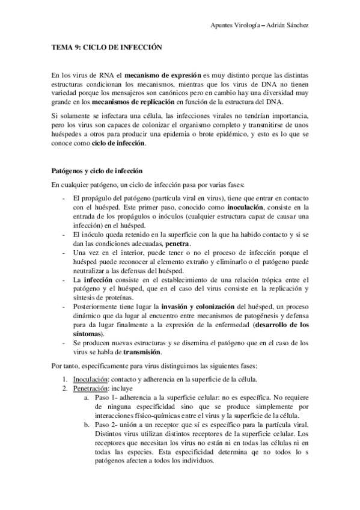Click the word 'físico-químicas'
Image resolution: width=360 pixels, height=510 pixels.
[x=151, y=415]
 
